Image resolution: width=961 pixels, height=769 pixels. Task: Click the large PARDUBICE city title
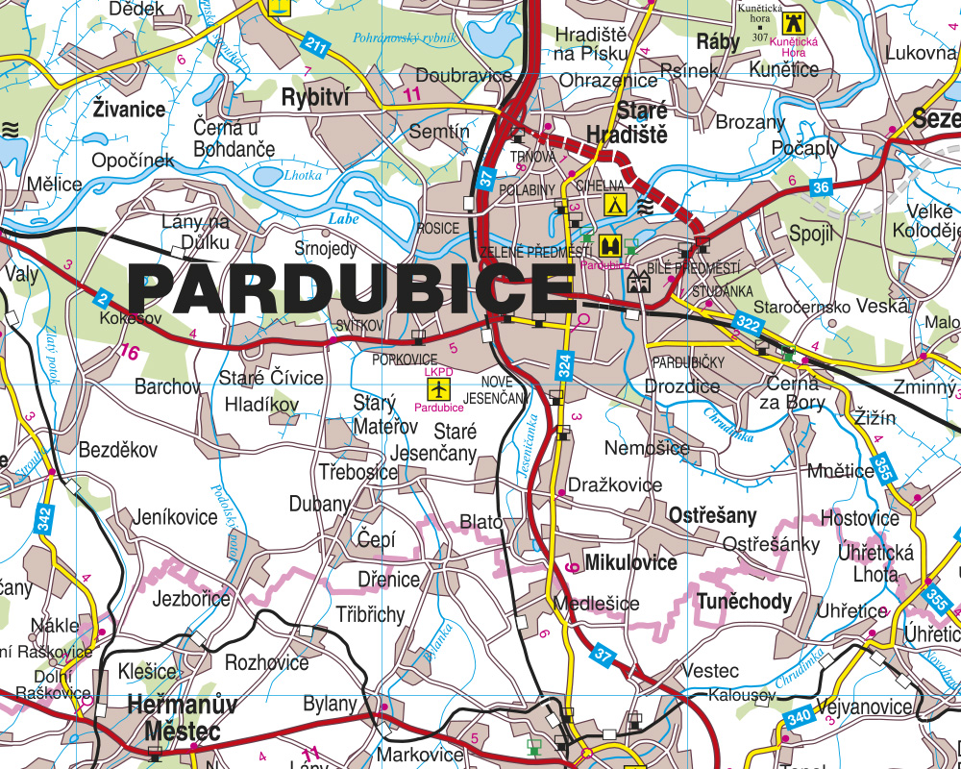tap(351, 285)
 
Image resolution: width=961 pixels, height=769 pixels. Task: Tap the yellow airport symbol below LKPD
tap(438, 389)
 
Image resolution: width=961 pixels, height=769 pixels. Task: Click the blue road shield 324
tap(564, 364)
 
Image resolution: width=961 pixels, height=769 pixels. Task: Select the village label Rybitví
tap(314, 97)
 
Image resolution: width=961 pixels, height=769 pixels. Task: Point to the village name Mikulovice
tap(630, 562)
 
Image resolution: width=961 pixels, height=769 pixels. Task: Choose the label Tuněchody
tap(745, 602)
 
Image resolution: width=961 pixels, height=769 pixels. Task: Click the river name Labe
tap(343, 219)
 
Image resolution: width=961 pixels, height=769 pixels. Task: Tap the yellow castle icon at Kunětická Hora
tap(792, 22)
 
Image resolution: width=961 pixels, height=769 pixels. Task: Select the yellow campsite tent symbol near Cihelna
tap(613, 204)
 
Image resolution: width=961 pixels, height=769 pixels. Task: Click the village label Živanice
tap(130, 109)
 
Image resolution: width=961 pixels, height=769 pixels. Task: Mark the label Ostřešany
tap(713, 515)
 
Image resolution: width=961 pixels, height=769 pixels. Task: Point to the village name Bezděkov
tap(117, 449)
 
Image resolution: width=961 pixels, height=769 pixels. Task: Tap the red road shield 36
tap(819, 188)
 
